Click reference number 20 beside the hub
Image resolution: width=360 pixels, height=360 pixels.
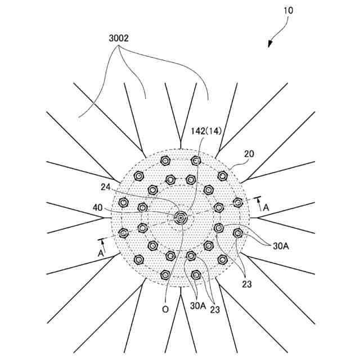click(x=249, y=153)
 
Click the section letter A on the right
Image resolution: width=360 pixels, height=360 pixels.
click(x=265, y=208)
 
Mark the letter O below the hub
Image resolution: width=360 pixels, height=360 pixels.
click(x=166, y=309)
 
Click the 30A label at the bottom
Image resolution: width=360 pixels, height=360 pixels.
click(x=197, y=305)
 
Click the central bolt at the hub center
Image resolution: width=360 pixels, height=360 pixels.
click(x=181, y=218)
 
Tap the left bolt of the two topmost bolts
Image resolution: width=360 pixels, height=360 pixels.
click(x=165, y=161)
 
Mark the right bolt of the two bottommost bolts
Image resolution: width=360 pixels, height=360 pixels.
click(x=196, y=275)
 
